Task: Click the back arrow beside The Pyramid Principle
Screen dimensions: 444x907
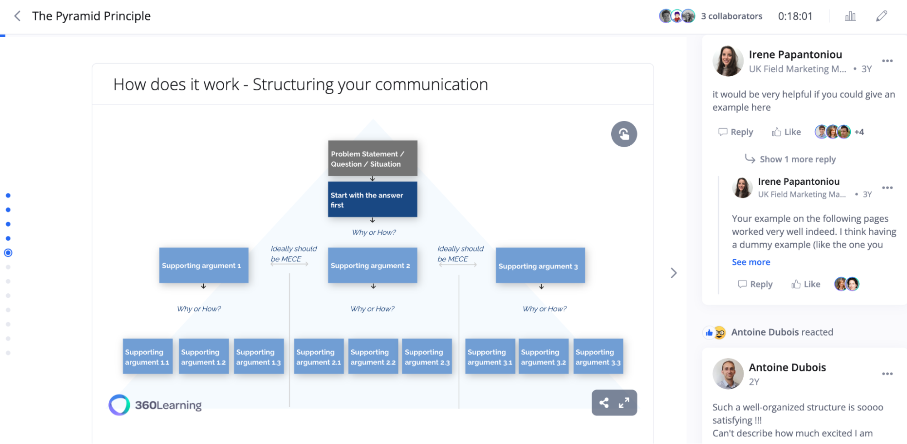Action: [17, 16]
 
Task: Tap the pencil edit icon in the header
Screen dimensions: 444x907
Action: [881, 16]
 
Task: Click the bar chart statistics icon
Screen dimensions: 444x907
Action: [850, 16]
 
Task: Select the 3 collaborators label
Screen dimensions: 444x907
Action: [731, 16]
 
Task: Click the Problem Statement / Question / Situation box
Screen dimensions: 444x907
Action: [373, 158]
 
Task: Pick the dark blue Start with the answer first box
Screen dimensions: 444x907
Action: [373, 200]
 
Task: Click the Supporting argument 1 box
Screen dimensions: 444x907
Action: [204, 266]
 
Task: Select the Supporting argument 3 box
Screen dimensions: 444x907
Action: [540, 266]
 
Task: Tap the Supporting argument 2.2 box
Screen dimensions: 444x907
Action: [373, 357]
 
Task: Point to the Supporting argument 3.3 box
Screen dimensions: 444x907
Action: [598, 357]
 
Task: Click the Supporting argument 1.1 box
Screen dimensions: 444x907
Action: [147, 357]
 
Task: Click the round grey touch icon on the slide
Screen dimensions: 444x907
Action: [624, 134]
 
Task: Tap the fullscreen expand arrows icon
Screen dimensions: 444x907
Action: [624, 403]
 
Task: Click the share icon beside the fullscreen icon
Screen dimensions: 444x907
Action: [604, 403]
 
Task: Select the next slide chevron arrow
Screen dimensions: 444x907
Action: [674, 273]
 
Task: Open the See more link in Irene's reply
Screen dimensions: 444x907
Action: [751, 262]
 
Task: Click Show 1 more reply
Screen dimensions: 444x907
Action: [797, 159]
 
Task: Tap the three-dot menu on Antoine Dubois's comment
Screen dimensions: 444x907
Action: [887, 374]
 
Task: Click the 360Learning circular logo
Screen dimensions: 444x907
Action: [119, 405]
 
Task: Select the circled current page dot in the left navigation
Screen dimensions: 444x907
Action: [8, 253]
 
